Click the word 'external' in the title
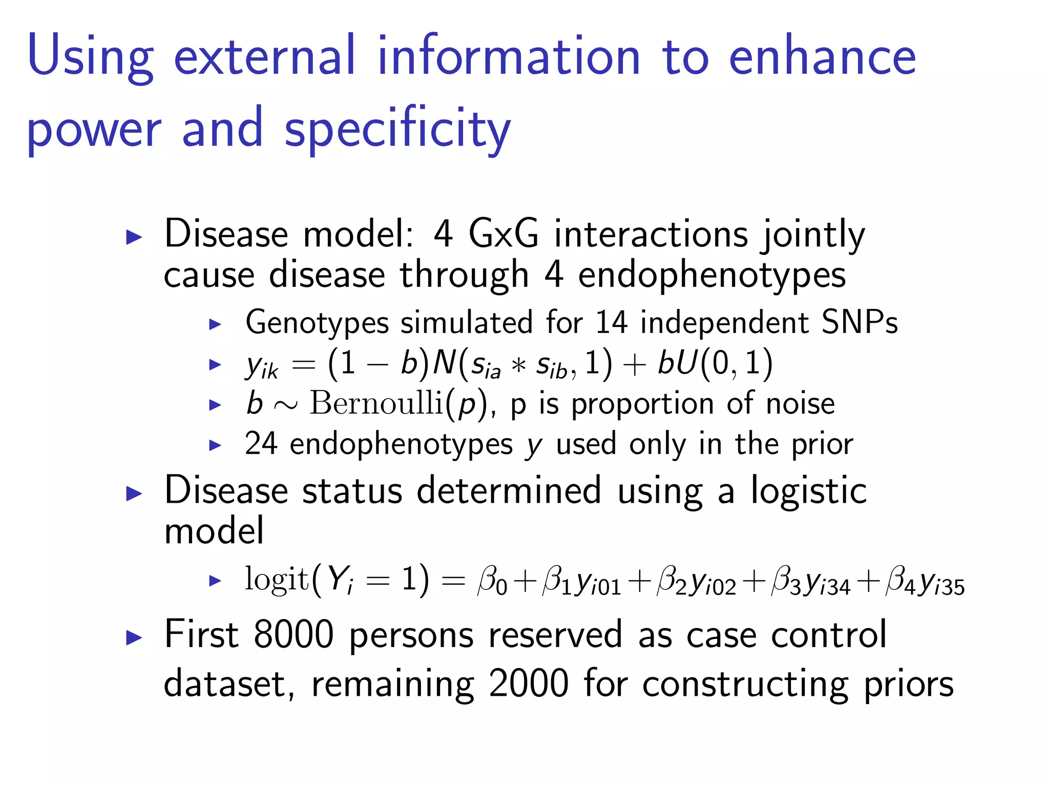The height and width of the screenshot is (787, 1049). point(264,56)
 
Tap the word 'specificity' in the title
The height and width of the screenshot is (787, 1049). point(397,130)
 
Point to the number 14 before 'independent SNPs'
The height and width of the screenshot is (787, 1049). point(611,322)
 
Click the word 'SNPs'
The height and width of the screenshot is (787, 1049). point(859,322)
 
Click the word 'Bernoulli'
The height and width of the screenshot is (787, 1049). point(376,403)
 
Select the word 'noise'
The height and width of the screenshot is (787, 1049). point(800,403)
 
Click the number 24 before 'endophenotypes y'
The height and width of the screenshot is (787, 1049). point(261,444)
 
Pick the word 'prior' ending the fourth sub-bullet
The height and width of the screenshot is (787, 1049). point(822,444)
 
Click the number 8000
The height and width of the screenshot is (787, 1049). point(293,635)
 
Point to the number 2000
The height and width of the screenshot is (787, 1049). point(528,683)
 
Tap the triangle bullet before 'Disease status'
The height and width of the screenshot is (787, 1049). point(134,493)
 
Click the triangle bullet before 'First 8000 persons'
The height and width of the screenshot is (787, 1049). point(134,637)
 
